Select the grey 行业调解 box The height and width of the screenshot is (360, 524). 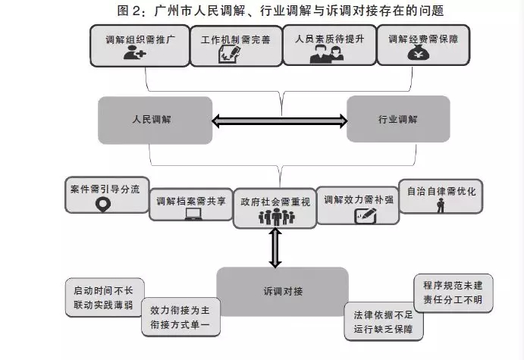click(x=397, y=120)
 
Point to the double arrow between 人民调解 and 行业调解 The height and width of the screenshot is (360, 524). click(x=278, y=120)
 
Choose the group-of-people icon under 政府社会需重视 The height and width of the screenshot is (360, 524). click(x=275, y=217)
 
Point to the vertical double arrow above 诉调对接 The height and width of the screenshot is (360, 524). click(x=275, y=248)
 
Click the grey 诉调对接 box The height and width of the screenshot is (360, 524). click(x=282, y=291)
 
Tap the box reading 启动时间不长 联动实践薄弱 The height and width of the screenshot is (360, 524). click(x=102, y=297)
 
